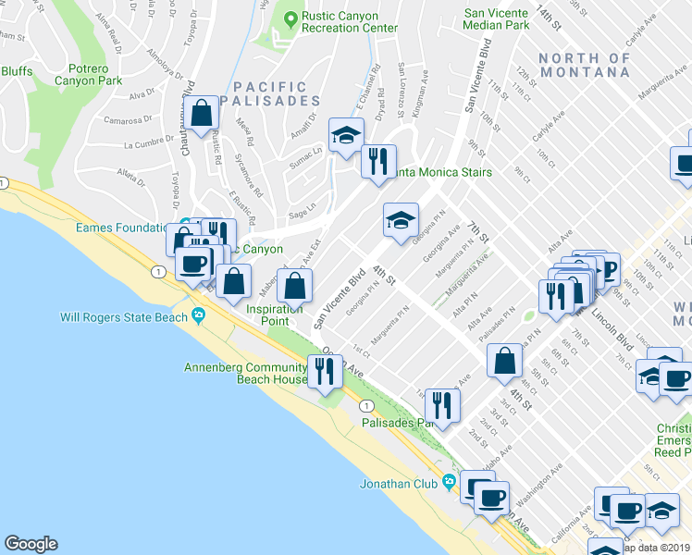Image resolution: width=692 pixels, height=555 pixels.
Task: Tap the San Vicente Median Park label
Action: click(496, 19)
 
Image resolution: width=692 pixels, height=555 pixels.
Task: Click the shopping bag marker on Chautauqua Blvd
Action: click(201, 115)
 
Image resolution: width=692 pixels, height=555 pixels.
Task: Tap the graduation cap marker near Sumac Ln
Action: click(346, 136)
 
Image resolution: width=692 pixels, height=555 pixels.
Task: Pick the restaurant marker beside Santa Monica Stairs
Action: click(377, 163)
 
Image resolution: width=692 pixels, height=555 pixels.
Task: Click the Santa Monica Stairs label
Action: click(443, 172)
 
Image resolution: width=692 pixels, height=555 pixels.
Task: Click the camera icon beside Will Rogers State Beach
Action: click(199, 317)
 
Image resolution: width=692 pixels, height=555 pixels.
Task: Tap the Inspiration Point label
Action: click(274, 315)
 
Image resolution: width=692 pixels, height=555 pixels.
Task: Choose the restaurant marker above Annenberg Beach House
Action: click(324, 371)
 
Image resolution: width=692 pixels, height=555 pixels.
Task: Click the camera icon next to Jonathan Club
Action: click(449, 482)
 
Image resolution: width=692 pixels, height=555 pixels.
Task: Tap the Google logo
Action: click(31, 543)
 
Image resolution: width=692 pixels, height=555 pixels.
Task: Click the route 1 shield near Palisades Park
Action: click(367, 405)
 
